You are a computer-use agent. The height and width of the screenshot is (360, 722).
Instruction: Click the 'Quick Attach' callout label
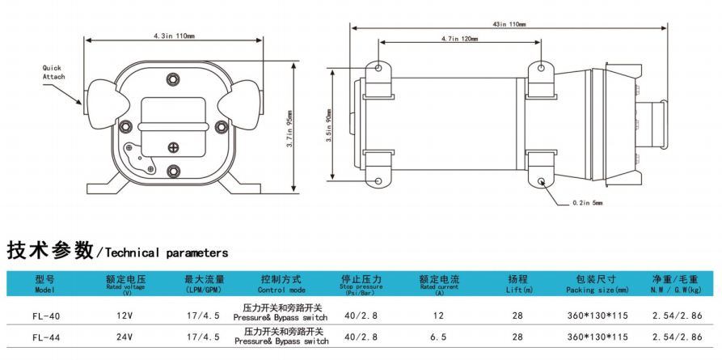click(53, 73)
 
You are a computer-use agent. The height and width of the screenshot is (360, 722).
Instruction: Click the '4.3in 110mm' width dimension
click(174, 36)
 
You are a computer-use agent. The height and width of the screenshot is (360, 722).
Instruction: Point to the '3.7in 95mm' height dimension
click(289, 129)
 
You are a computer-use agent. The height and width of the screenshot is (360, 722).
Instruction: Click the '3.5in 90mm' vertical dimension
click(329, 125)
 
